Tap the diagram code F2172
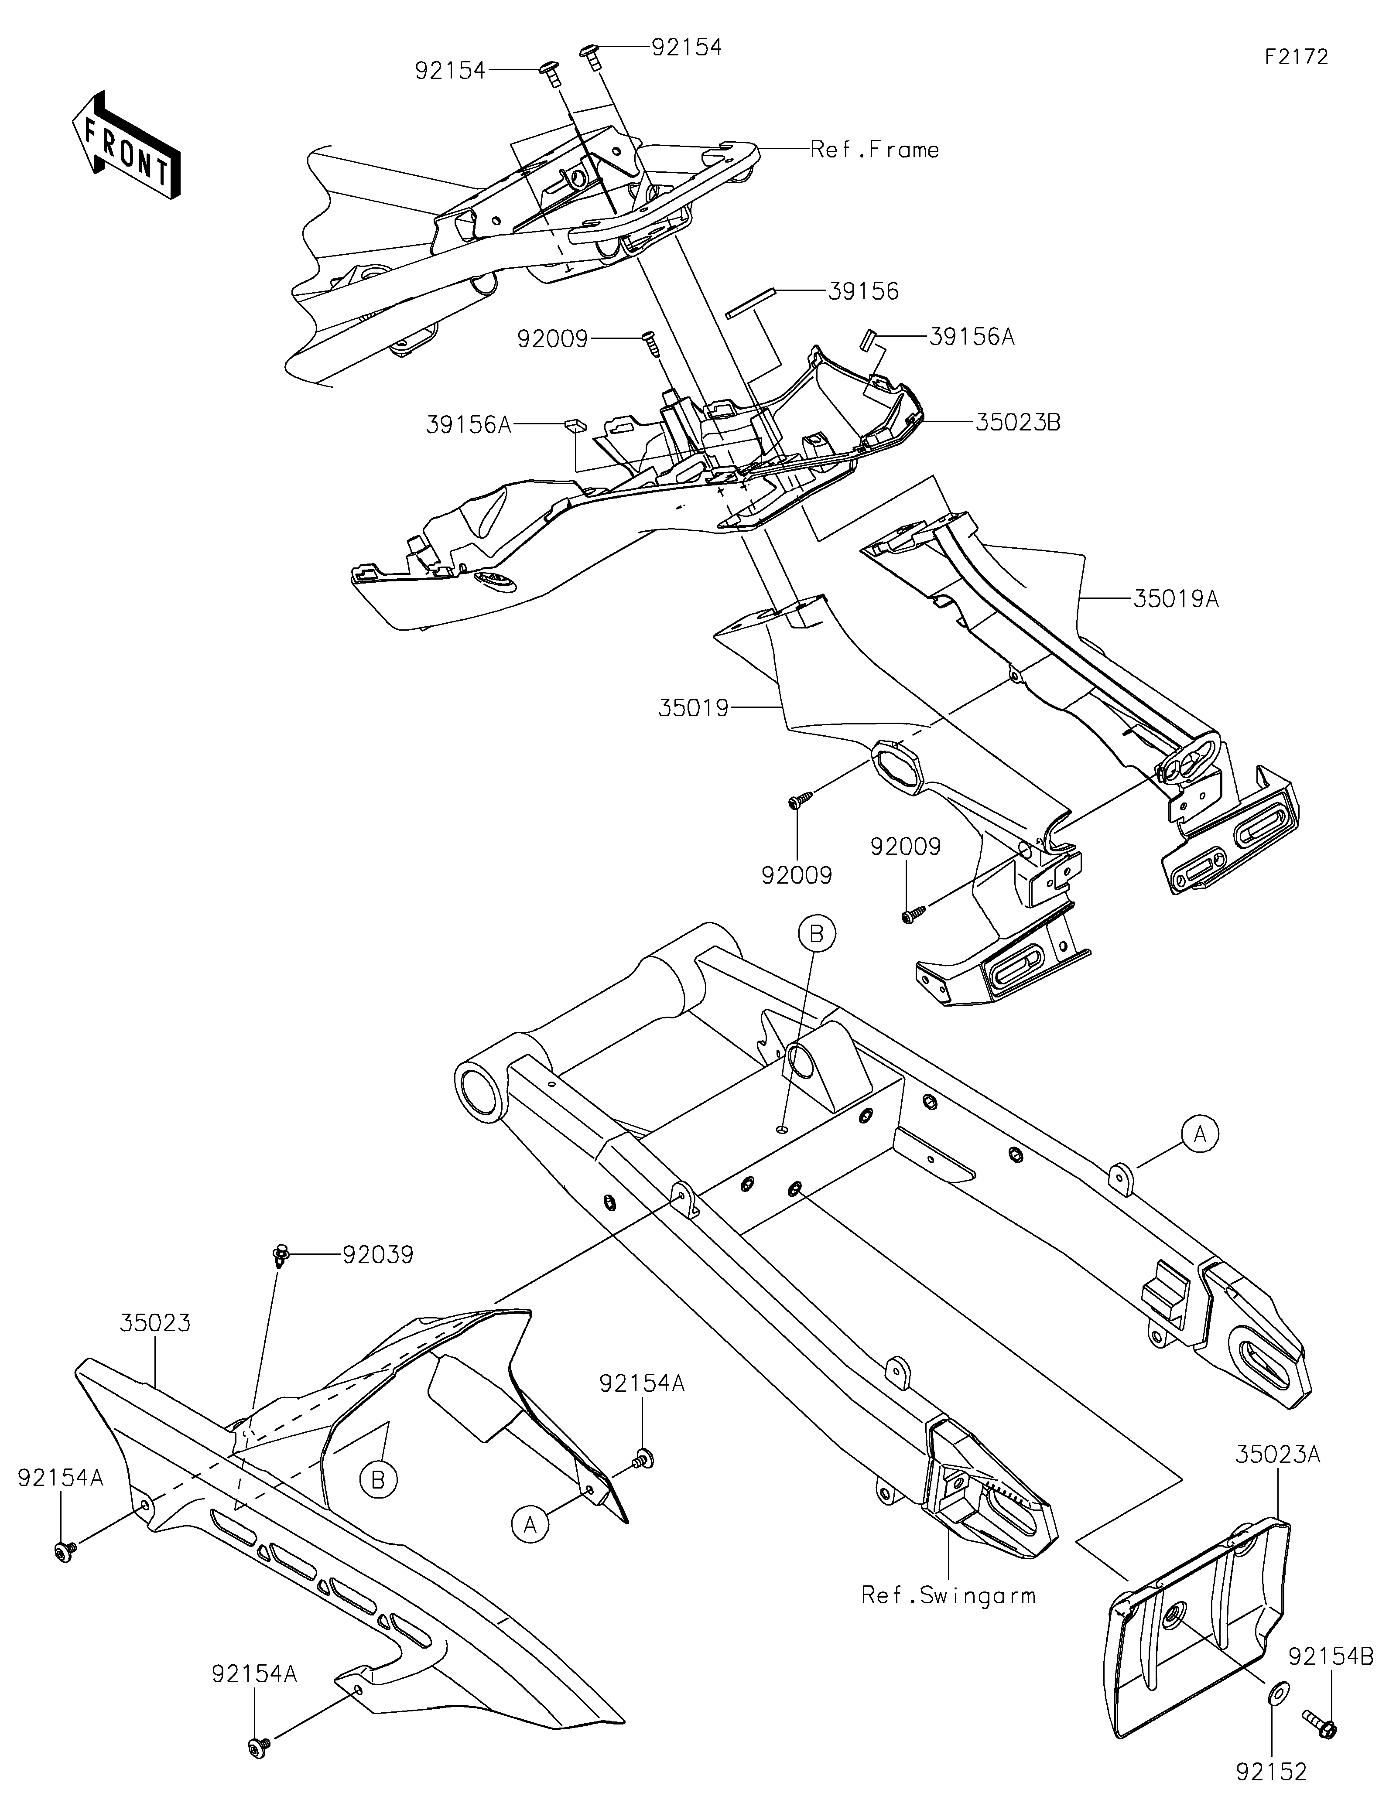tap(1296, 57)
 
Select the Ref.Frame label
tap(875, 150)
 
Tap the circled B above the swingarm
tap(817, 934)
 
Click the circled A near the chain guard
tap(530, 1524)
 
